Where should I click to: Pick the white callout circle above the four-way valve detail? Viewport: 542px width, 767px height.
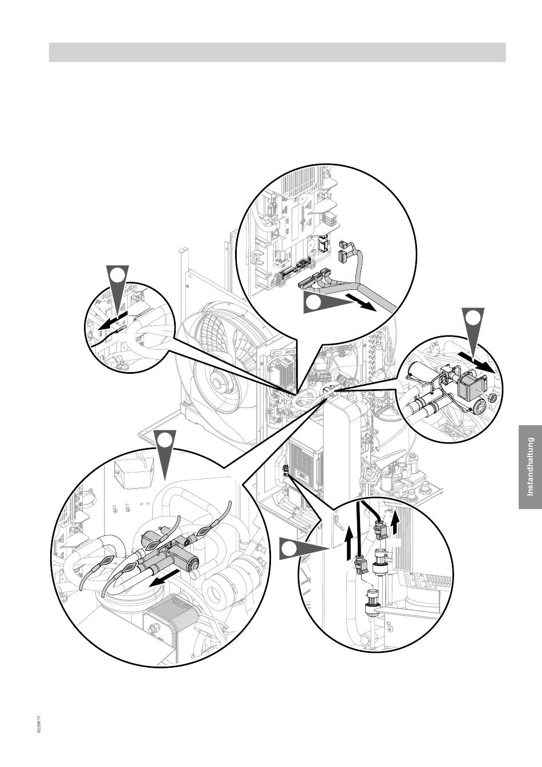pos(164,441)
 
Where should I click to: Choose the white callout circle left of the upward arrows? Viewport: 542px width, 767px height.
pos(290,548)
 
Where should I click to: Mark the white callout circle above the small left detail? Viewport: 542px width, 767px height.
pos(118,275)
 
